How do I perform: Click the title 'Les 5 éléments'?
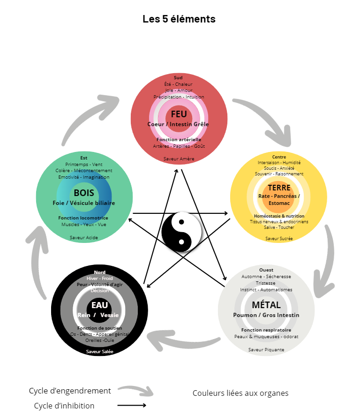(179, 19)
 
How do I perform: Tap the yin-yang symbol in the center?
(182, 232)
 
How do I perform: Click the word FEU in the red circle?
(179, 114)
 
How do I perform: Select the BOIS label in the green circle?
(84, 193)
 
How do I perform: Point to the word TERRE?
(279, 188)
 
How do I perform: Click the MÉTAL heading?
(266, 305)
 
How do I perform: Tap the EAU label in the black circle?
(99, 306)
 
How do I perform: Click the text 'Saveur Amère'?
(179, 159)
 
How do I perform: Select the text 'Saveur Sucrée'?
(279, 238)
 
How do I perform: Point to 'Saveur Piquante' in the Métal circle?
(266, 349)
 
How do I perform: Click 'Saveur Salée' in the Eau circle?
(99, 351)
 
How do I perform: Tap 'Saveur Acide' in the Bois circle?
(84, 237)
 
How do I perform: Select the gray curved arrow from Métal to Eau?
(183, 340)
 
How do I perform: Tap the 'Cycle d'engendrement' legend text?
(70, 391)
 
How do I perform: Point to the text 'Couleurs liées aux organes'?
(240, 393)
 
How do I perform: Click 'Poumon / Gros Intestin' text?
(266, 315)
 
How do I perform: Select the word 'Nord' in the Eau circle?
(99, 272)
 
